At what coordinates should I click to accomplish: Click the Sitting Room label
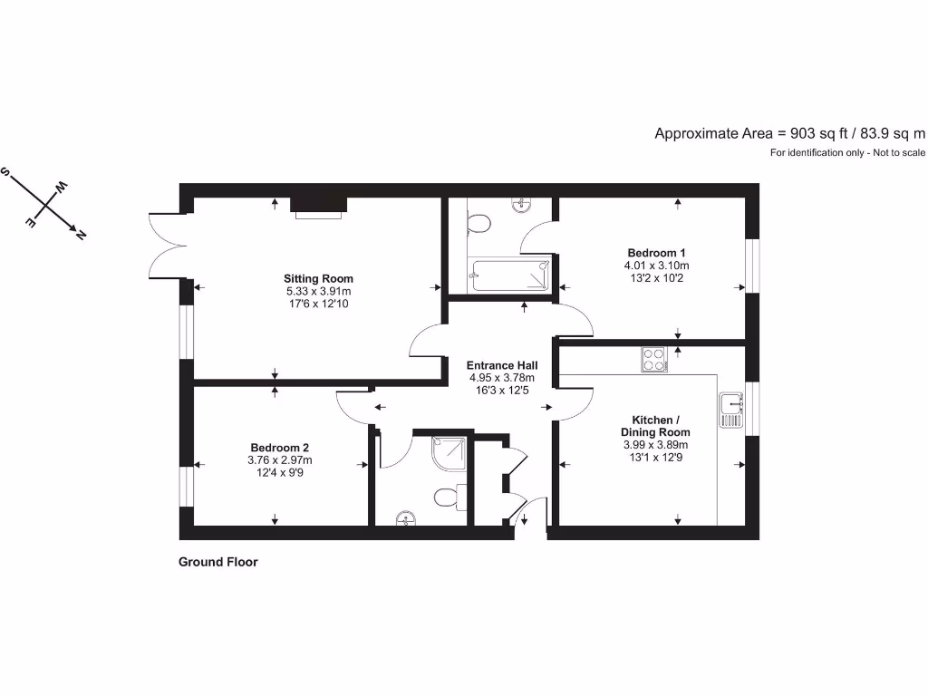pos(318,278)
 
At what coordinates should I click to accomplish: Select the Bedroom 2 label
pos(280,448)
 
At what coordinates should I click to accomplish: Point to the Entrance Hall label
pos(502,364)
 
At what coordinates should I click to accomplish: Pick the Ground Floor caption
pos(217,562)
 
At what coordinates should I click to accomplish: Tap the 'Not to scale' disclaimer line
pos(848,153)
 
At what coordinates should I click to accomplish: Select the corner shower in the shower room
pos(451,450)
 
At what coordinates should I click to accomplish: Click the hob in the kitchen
pos(653,360)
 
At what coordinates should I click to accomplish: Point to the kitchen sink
pos(730,410)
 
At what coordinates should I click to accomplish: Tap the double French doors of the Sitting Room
pos(168,245)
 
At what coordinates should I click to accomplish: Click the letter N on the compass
pos(81,235)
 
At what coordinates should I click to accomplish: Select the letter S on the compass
pos(6,172)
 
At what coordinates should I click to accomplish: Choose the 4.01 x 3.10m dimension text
pos(656,266)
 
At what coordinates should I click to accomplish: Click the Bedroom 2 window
pos(186,485)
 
